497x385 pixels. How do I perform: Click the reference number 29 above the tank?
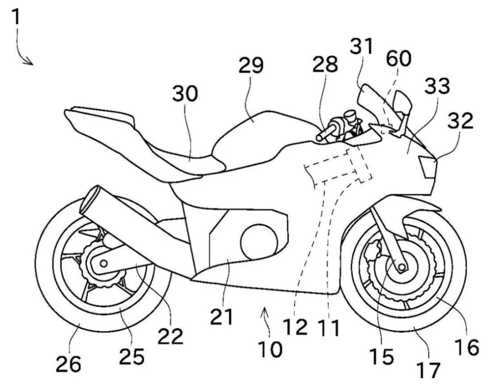(x=250, y=66)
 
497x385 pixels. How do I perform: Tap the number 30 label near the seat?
(x=185, y=93)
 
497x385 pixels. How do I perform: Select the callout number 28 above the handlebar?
(x=325, y=64)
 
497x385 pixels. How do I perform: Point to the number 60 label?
(x=399, y=59)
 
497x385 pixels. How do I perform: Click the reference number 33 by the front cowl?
(x=437, y=86)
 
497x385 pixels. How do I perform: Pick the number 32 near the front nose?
(x=461, y=120)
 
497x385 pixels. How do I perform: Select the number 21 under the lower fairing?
(x=222, y=316)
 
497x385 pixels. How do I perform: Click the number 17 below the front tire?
(x=428, y=369)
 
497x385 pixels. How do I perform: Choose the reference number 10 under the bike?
(x=270, y=349)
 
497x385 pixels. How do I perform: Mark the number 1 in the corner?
(x=15, y=17)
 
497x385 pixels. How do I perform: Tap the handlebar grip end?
(x=319, y=138)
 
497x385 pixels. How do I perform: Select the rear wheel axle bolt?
(x=104, y=263)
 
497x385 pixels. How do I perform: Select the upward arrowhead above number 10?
(x=265, y=313)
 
